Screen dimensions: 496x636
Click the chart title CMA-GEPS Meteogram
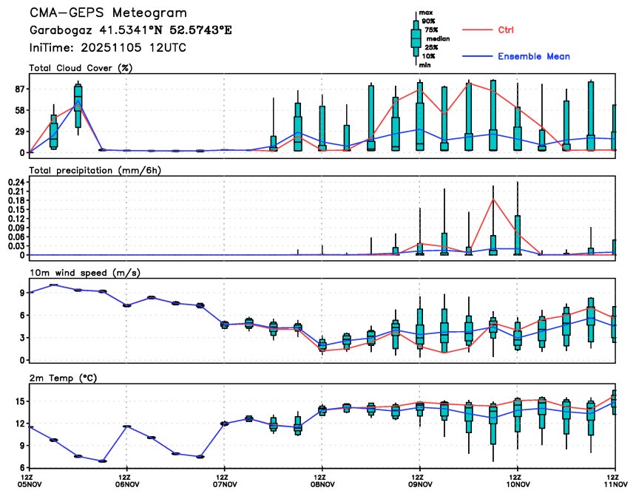pos(108,13)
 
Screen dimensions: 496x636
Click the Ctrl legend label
pos(506,30)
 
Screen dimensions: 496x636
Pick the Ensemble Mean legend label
pos(533,56)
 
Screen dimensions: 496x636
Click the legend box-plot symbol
pos(415,37)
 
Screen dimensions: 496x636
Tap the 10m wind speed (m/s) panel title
pos(84,273)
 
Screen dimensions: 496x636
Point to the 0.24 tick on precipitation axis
pos(15,182)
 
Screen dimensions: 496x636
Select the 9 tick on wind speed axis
pos(21,293)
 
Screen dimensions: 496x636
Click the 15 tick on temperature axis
pos(18,401)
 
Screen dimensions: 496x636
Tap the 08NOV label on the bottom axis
pos(322,486)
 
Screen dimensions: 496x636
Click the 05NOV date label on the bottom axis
pos(29,486)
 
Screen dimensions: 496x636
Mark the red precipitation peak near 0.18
pos(493,200)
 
